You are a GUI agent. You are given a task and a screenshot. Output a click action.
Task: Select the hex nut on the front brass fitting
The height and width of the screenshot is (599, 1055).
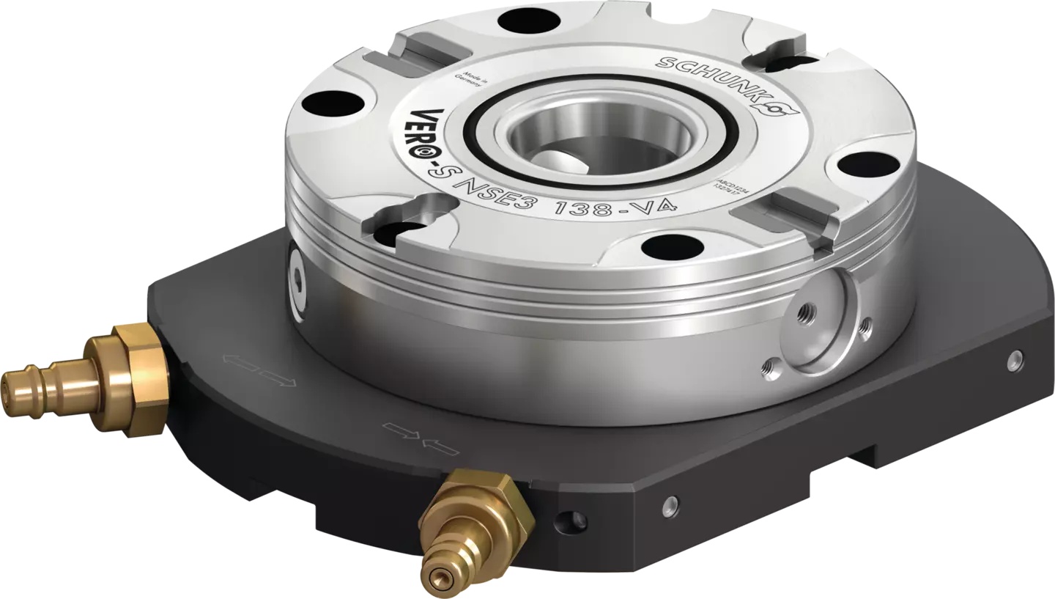tap(489, 507)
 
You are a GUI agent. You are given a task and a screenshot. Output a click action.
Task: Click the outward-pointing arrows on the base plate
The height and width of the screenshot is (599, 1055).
tap(261, 369)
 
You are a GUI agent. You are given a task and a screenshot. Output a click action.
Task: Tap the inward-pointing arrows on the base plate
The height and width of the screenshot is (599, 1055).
tap(421, 438)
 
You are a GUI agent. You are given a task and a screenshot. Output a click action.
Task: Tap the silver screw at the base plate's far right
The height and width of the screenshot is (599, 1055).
tap(1015, 358)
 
